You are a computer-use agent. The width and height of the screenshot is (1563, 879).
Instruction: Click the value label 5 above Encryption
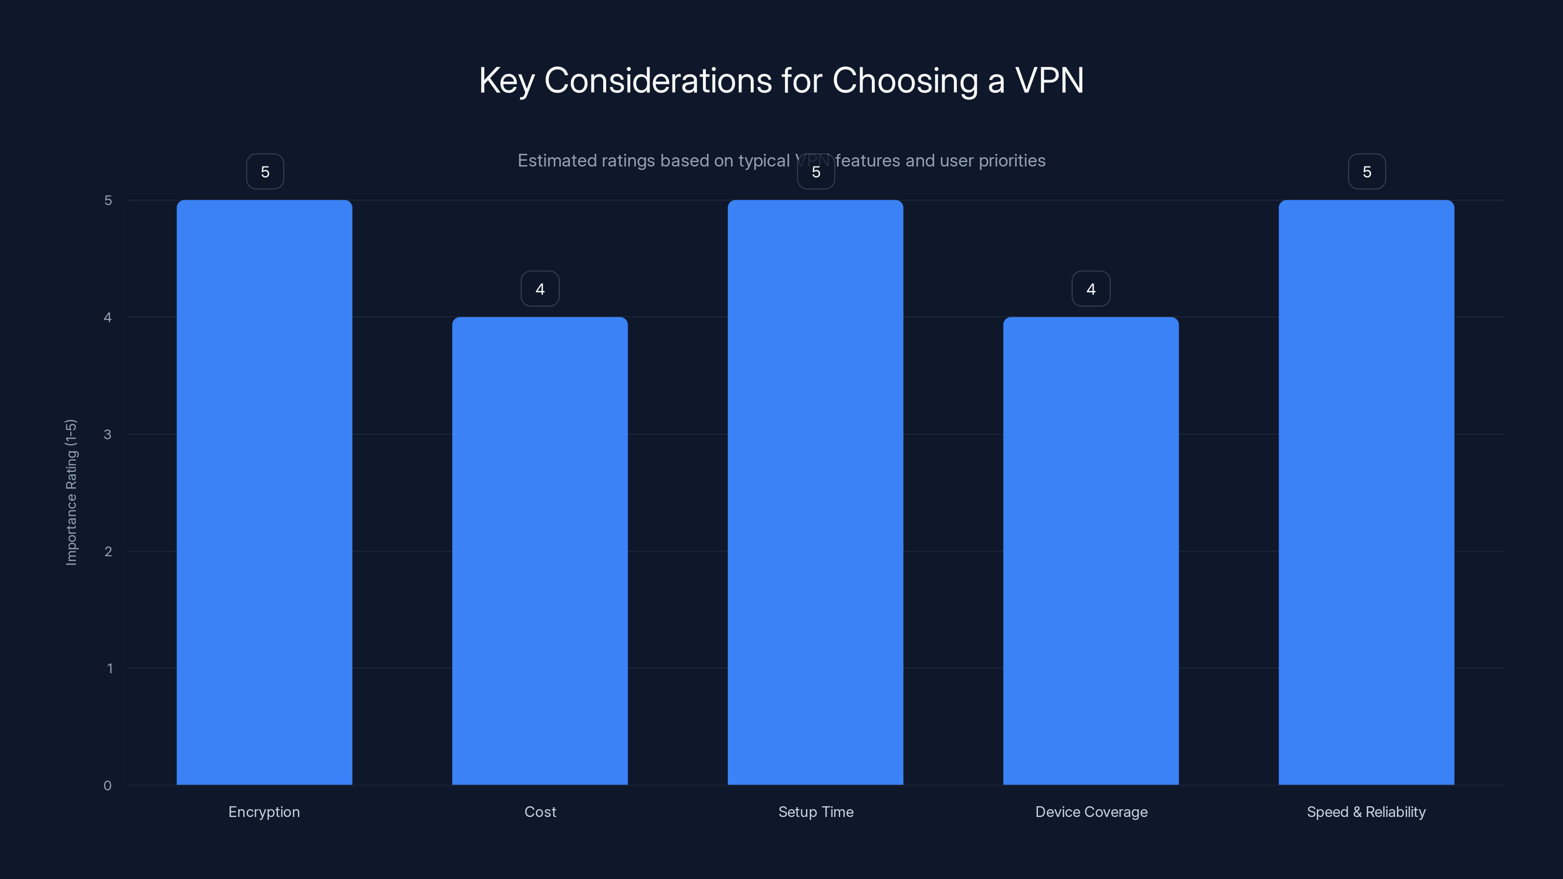click(x=265, y=172)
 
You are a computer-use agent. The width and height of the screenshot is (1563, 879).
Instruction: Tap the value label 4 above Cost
click(x=539, y=289)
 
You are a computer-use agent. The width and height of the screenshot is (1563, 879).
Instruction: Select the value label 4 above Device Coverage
click(x=1090, y=289)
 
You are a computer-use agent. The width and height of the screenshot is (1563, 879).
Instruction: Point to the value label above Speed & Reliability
click(x=1367, y=172)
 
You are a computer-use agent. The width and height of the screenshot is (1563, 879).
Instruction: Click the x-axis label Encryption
click(x=264, y=812)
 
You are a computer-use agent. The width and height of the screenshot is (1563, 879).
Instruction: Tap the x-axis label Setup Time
click(x=816, y=812)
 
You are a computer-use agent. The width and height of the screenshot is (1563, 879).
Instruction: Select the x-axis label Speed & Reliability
click(x=1366, y=812)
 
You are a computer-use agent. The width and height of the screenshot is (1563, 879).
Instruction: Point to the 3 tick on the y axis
click(x=107, y=434)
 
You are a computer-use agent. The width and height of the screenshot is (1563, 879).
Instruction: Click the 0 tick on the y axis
click(x=107, y=786)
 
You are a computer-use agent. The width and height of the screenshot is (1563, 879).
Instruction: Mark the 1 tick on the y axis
click(x=109, y=669)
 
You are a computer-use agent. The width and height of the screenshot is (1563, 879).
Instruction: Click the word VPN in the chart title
click(x=1049, y=80)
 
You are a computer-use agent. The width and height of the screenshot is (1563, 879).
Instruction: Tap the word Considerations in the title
click(x=658, y=80)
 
